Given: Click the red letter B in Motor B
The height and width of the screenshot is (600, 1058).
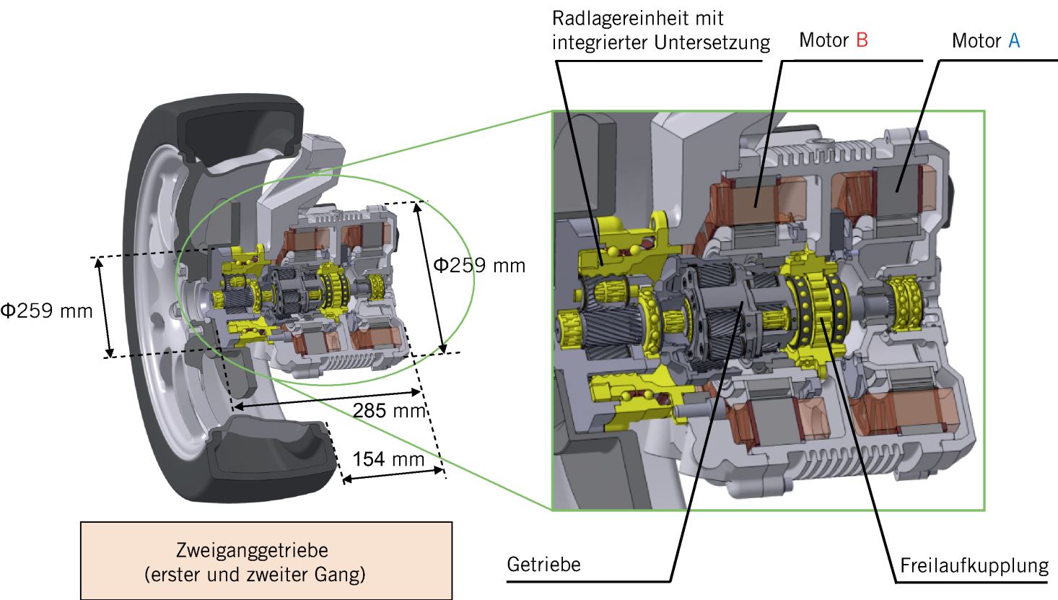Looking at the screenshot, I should coord(862,40).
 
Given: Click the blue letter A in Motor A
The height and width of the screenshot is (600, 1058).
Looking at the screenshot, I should coord(1013,41).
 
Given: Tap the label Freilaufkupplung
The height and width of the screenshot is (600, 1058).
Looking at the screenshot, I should coord(974,565).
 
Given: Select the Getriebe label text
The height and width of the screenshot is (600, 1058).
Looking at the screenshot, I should coord(543,564).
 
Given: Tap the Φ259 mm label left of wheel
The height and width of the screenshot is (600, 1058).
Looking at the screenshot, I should coord(46,311).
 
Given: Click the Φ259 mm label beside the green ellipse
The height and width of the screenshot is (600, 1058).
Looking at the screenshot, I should coord(478,266).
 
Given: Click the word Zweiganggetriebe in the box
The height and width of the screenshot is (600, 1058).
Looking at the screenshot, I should coord(252,550).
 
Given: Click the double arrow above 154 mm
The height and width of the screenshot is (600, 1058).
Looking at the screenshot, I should coord(393,474).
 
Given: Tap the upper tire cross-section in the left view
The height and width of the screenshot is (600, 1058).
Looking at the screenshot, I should coord(242,137).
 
